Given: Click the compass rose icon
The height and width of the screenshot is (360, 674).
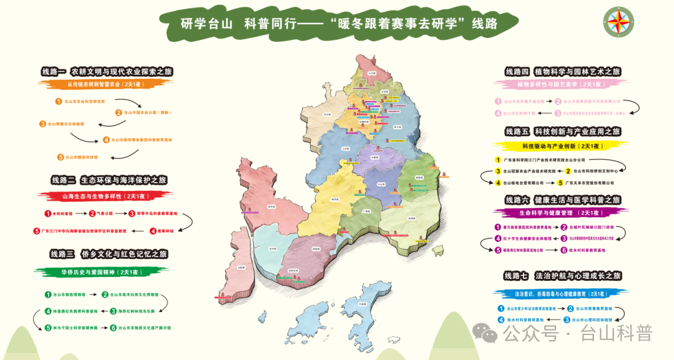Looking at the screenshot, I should coord(620,22).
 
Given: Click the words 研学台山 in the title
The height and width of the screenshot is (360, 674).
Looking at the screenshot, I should coord(206,24).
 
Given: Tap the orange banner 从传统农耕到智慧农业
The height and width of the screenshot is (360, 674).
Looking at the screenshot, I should coord(100,84).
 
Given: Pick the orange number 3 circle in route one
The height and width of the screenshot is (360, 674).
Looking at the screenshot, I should coord(42,124).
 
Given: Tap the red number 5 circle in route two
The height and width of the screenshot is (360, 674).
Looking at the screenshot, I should coord(37,231).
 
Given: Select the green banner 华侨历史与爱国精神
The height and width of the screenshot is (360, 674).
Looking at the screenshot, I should coord(100,271).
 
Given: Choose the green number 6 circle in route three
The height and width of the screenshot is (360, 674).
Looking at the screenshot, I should coord(114,327).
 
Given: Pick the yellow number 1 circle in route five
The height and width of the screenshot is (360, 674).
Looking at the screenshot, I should coord(497,160).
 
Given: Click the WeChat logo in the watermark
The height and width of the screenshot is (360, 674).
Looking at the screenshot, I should coord(486,333).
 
